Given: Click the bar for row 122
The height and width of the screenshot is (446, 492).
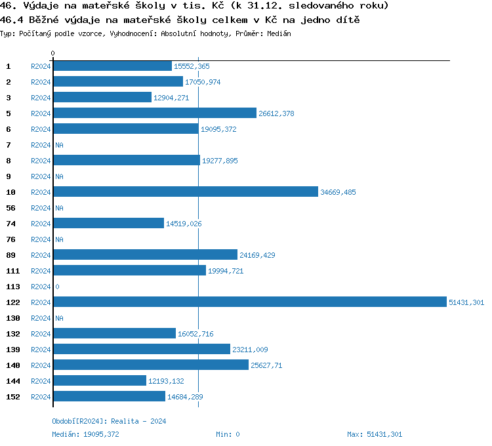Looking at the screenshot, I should coord(249,302).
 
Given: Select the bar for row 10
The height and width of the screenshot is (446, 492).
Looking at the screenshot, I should coord(186,192).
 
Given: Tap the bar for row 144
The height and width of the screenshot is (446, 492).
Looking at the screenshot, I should coord(100,380).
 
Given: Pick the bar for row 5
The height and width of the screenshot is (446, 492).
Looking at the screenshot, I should coord(155,113).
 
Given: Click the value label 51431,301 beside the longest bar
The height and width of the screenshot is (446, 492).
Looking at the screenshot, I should coord(466,302).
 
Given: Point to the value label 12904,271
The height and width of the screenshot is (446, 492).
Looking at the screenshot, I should coord(171,98).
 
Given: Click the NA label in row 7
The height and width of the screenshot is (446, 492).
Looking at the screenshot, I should coord(59,145).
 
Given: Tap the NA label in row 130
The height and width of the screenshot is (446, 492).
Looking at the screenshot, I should coord(59,318).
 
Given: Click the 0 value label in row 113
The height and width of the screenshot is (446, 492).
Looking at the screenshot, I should coord(57,287).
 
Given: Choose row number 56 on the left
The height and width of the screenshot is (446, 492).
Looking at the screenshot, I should coord(10,208).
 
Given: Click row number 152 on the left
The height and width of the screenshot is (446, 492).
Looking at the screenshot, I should coord(12,397).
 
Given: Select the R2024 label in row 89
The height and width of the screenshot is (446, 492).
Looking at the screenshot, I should coord(41,255).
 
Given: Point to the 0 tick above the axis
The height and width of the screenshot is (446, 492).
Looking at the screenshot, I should coord(53,53).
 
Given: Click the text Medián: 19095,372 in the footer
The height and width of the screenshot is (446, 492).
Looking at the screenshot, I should coord(85,434).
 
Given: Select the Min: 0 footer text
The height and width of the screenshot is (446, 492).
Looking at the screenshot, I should coord(228,434).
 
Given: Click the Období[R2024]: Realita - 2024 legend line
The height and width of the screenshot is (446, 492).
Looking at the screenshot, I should coord(109,421).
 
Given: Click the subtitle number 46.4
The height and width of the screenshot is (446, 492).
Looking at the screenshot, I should coord(12,20).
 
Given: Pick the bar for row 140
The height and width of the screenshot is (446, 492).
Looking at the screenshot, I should coord(151,365).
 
